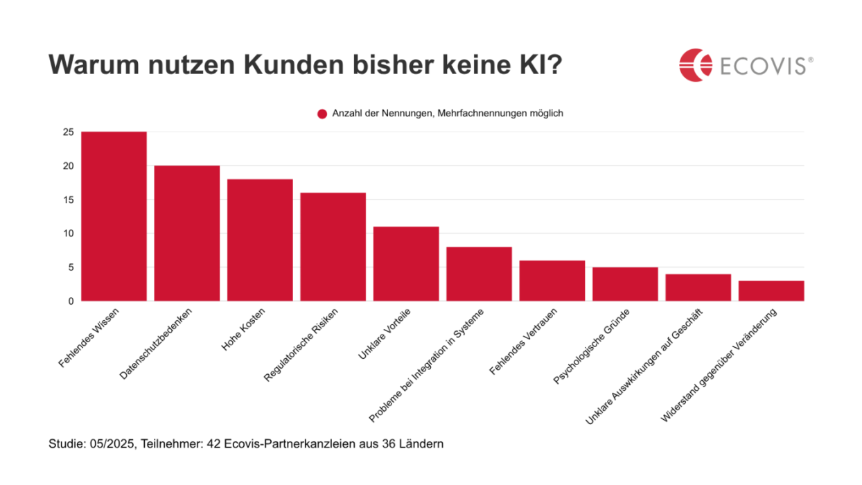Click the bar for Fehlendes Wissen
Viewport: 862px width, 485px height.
114,216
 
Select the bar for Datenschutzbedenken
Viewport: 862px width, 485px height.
187,233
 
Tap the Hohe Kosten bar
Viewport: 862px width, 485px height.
260,240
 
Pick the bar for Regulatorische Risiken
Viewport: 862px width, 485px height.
333,247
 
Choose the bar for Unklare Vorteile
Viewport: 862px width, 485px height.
406,264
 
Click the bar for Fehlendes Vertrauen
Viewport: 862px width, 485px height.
552,281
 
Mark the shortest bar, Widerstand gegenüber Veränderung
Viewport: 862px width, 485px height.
771,291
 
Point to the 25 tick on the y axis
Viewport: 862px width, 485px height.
67,132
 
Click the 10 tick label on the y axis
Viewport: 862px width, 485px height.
67,233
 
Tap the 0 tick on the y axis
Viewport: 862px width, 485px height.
70,301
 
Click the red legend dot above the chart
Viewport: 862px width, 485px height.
322,114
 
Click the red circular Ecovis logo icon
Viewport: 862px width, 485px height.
696,65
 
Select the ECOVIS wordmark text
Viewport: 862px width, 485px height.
761,66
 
